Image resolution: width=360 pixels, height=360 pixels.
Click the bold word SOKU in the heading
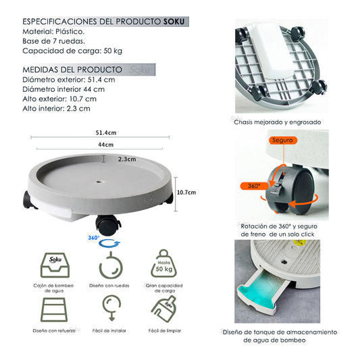(174, 22)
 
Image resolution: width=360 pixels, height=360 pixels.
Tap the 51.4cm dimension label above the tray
(106, 132)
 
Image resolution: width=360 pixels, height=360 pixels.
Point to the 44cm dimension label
(106, 145)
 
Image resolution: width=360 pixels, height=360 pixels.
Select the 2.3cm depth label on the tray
(127, 159)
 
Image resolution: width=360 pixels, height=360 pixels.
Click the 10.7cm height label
(186, 192)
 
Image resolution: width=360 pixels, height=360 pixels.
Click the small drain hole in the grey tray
(99, 182)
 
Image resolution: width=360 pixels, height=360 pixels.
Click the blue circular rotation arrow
(109, 243)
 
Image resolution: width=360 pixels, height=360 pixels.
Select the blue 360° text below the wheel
(94, 238)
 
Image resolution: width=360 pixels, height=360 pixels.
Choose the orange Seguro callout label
(282, 140)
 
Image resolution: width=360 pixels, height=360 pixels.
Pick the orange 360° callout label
(254, 186)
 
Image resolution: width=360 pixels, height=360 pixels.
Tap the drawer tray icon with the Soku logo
(55, 265)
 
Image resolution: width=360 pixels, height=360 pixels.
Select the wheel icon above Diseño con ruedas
(111, 265)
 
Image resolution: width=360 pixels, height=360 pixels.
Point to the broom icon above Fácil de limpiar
(163, 309)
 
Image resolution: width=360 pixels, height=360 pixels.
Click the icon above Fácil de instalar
(111, 307)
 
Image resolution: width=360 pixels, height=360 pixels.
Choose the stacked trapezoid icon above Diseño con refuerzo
(54, 310)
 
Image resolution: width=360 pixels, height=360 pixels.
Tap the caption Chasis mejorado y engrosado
(278, 122)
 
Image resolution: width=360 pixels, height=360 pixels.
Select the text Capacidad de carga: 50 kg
(72, 51)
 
